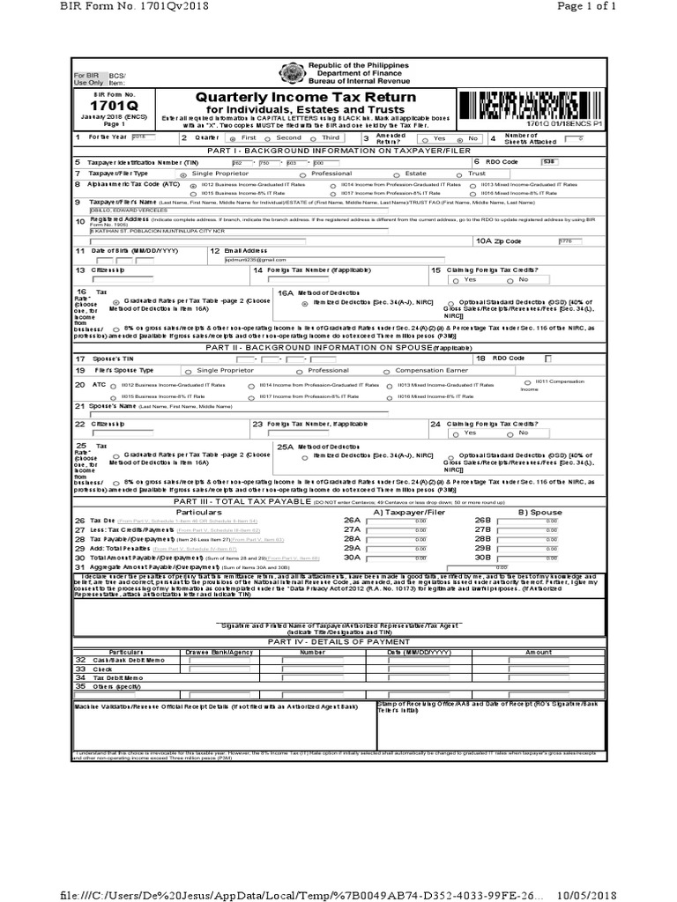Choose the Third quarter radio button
click(315, 138)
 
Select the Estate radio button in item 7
click(387, 174)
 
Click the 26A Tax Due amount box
click(409, 521)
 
